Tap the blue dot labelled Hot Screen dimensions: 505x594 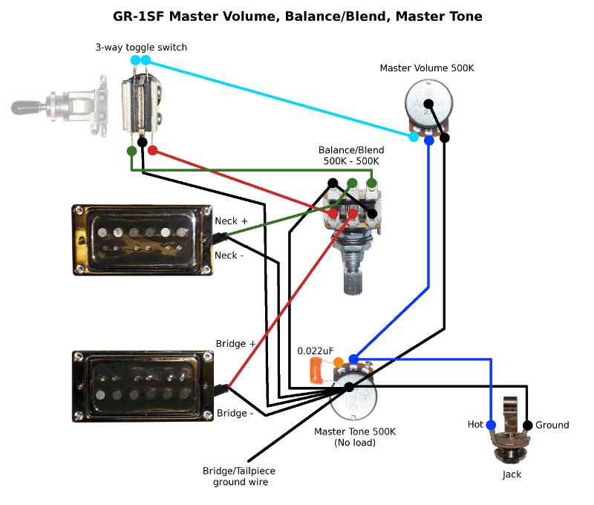[x=491, y=425]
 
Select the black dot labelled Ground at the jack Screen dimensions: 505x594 [x=527, y=425]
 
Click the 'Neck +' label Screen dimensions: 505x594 [x=231, y=221]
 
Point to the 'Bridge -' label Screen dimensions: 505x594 [x=235, y=413]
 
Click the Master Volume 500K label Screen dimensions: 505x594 [x=426, y=68]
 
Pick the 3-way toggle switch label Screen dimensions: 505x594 [x=141, y=48]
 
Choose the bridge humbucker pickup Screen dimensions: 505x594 [x=143, y=385]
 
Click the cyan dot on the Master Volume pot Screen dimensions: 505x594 [x=414, y=137]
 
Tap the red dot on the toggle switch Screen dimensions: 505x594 [x=152, y=151]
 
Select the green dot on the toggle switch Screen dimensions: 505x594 [x=131, y=151]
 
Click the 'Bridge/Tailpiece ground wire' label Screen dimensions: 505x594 [x=235, y=476]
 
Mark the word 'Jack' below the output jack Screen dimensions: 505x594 [x=512, y=474]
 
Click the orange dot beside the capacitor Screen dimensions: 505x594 [x=338, y=362]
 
